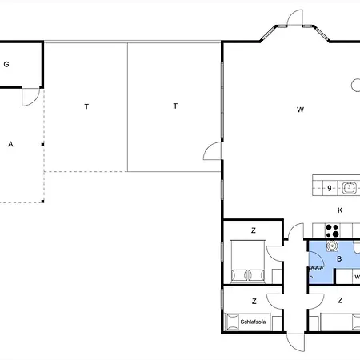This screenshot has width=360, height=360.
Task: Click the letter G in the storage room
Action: tap(6, 64)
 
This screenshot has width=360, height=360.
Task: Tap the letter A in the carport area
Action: tap(10, 144)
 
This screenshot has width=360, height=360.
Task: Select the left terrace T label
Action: tap(86, 106)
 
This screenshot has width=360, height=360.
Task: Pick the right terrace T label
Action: tap(175, 106)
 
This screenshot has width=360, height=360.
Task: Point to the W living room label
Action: tap(300, 110)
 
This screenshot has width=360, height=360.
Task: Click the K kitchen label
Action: tap(340, 210)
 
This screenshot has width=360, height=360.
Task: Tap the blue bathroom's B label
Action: tap(339, 258)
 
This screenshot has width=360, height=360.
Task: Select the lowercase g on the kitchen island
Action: tap(330, 188)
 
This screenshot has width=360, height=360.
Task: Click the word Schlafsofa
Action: tap(253, 322)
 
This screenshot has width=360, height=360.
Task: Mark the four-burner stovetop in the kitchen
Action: tap(332, 231)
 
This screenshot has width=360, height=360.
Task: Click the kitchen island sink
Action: tap(350, 188)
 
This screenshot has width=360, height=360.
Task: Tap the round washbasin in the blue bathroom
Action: tap(332, 246)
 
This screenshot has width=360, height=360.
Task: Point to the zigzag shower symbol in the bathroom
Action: tap(316, 269)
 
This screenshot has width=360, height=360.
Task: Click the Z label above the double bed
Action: tap(254, 230)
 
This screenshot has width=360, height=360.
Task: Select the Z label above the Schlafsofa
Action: tap(254, 302)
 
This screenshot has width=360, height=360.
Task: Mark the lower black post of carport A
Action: tap(42, 202)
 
